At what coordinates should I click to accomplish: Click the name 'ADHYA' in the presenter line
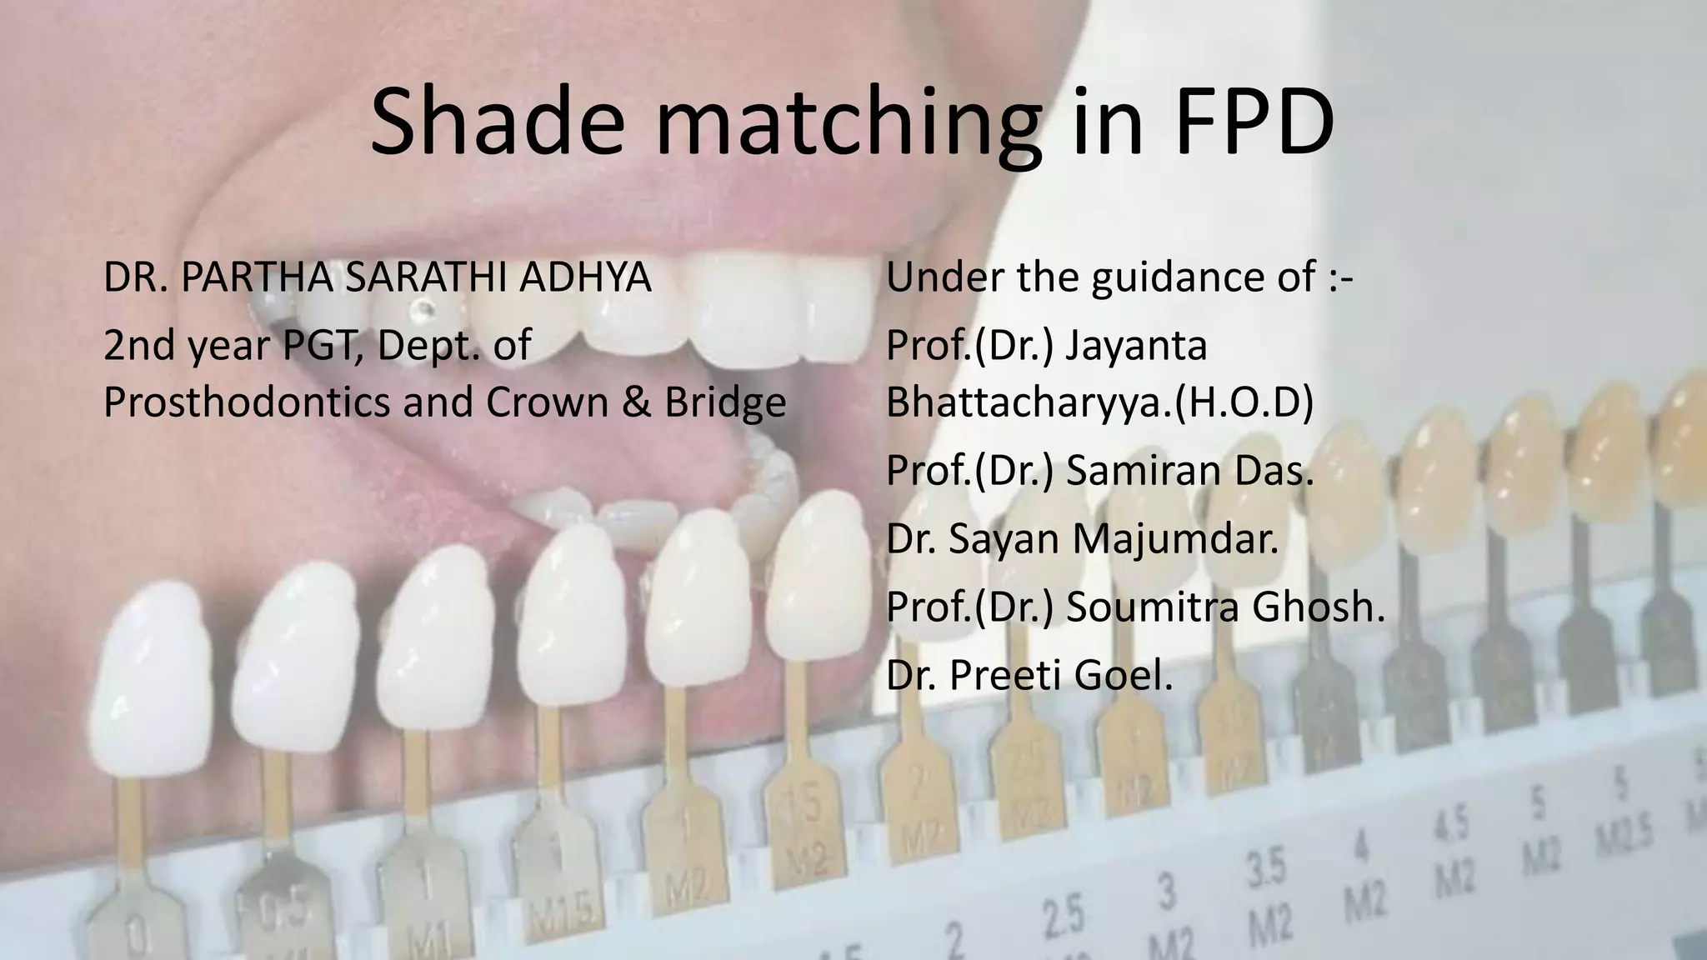(x=585, y=277)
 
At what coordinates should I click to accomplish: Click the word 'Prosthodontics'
(x=246, y=402)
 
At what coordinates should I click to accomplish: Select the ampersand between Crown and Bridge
(x=637, y=402)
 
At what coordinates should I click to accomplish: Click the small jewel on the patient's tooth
(x=426, y=309)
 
